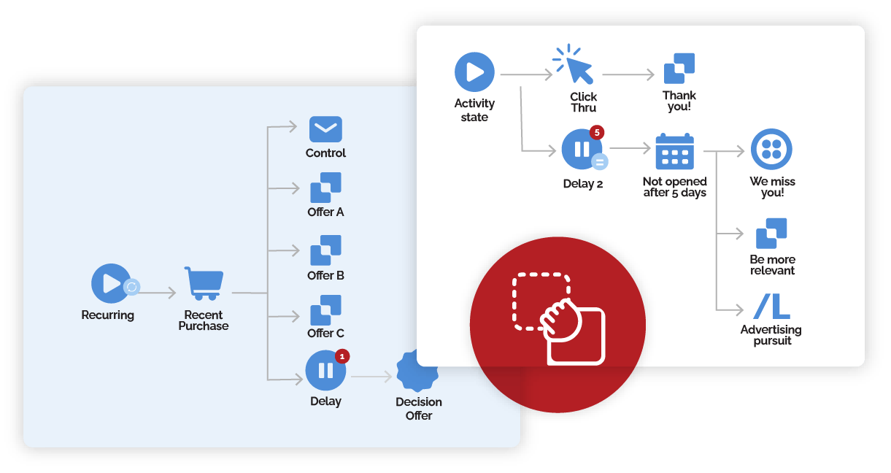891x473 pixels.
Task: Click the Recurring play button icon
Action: pos(111,283)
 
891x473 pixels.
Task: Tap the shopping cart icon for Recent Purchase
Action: pos(204,283)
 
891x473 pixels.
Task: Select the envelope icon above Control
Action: pos(325,129)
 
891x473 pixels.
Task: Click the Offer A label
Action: pos(325,212)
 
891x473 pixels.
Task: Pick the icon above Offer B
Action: pos(325,250)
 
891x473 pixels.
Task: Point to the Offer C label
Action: pos(325,334)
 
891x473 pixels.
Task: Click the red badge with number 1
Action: pos(343,356)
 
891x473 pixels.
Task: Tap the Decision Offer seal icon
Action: pos(418,371)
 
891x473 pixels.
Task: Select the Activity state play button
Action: pos(474,72)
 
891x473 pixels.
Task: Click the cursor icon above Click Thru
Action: pos(575,65)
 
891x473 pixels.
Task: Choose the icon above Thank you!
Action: pos(679,68)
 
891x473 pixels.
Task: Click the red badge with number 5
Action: pos(598,132)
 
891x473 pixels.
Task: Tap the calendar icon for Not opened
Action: pos(674,151)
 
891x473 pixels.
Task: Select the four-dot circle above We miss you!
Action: pos(771,149)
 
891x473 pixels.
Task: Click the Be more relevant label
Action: pos(772,265)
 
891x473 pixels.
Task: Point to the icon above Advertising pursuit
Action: pos(771,307)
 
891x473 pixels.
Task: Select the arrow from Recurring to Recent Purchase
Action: pos(157,293)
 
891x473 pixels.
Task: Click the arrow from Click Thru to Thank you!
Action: pos(629,74)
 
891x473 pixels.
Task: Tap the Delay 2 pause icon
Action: pos(582,150)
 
